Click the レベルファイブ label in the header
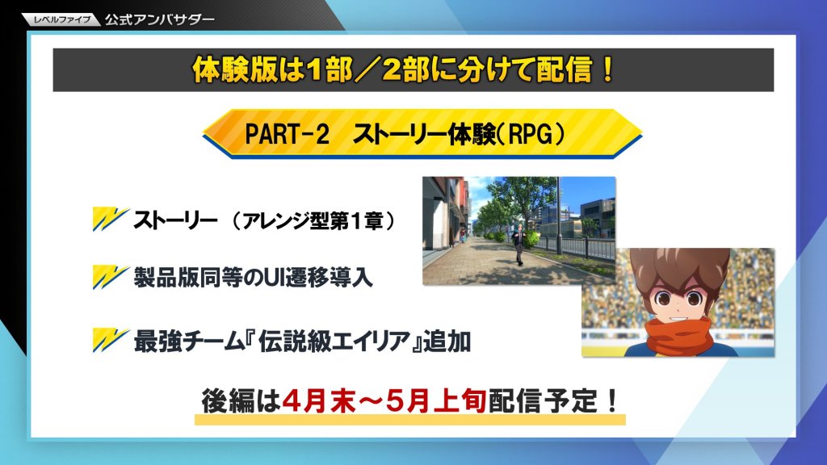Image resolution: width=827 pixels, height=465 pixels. [x=61, y=20]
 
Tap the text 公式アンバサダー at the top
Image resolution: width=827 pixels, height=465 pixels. [x=159, y=19]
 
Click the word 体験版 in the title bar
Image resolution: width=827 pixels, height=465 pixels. [x=235, y=69]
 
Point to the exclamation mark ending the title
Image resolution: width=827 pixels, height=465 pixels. [x=607, y=69]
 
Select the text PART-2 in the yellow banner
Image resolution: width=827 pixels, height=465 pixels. [x=287, y=134]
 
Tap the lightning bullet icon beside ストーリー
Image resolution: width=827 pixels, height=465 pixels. [x=111, y=220]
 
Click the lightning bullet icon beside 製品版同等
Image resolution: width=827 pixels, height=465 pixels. [x=111, y=277]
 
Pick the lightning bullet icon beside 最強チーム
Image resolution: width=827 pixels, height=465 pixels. [x=111, y=340]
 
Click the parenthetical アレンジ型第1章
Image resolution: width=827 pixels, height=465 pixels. [x=313, y=221]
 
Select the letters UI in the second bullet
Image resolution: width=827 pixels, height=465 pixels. [x=275, y=278]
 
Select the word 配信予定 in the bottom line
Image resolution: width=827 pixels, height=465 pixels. [x=544, y=402]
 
